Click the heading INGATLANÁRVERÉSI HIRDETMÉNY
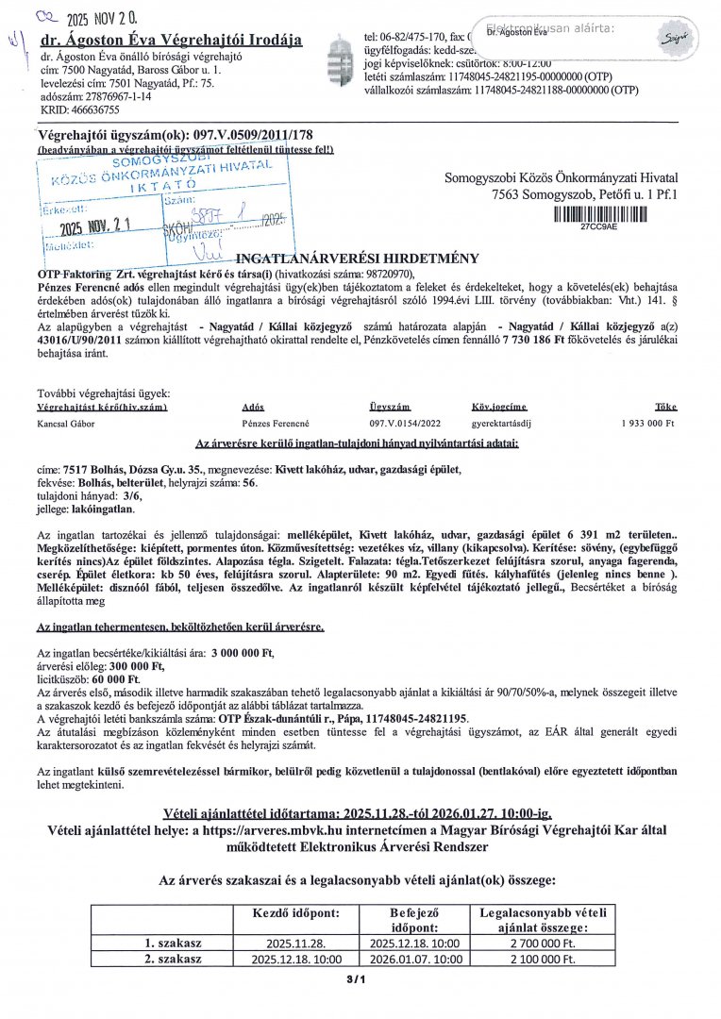357,258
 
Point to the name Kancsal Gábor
70,424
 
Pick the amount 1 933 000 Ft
647,424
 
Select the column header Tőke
666,407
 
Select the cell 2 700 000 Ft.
542,943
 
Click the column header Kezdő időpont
291,913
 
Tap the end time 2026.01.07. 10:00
415,959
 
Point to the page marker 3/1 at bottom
356,979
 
